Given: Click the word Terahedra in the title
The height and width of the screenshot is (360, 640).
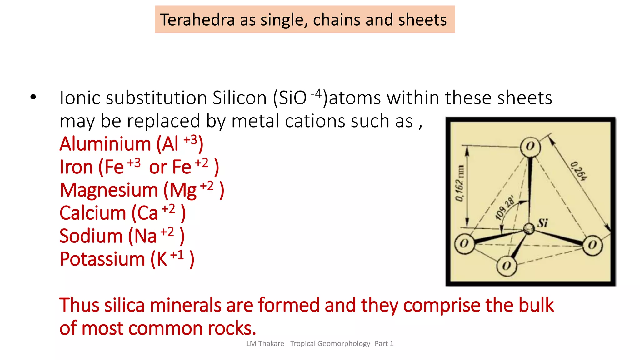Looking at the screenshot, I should (197, 20).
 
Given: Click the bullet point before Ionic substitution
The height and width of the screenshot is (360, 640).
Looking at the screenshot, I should (33, 97).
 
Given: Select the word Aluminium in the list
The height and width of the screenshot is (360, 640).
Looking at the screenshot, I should (105, 144).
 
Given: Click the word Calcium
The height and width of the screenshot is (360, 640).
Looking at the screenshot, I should (92, 213).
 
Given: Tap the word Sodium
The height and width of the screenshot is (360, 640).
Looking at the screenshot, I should (91, 236).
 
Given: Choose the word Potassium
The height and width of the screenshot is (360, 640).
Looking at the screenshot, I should (102, 259).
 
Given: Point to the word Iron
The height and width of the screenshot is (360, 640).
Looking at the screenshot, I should (76, 167).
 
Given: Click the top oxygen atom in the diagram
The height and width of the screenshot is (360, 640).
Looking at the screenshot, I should (530, 147).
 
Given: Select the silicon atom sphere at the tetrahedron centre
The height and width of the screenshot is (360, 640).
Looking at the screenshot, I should (529, 228).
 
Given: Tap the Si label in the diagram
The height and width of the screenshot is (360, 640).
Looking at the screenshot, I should (543, 223).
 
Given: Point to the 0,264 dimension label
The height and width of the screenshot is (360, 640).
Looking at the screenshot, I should (578, 171).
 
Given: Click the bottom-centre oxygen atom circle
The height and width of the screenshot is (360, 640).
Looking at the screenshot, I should (507, 266).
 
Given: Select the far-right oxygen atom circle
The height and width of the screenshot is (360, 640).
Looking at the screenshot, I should (592, 245).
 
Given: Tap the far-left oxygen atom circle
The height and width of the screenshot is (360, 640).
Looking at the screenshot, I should (464, 243).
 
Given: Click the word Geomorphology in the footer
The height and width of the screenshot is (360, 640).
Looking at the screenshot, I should (344, 343).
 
